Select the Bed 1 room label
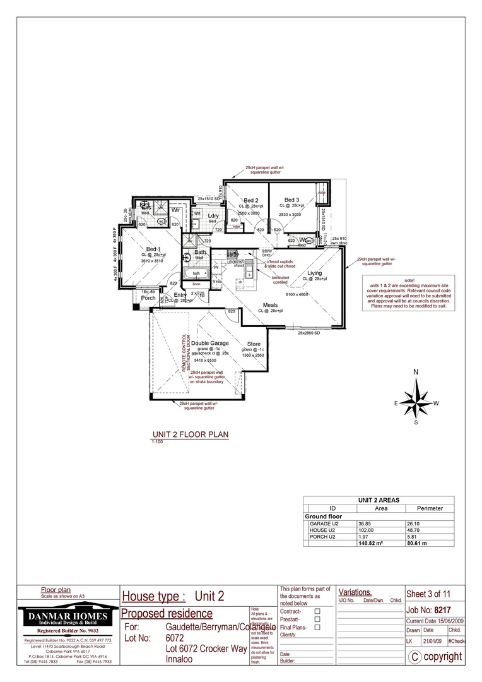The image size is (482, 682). [x=154, y=249]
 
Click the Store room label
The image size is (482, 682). [x=254, y=344]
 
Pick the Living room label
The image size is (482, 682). [x=314, y=273]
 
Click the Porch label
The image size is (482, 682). [x=148, y=298]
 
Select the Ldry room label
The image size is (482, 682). [x=213, y=216]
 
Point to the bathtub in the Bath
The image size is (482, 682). [x=197, y=273]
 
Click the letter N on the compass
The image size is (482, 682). [x=416, y=373]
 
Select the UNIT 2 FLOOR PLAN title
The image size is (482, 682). [x=189, y=434]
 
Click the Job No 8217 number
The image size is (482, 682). [x=452, y=611]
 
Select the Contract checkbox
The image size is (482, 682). [x=317, y=611]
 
